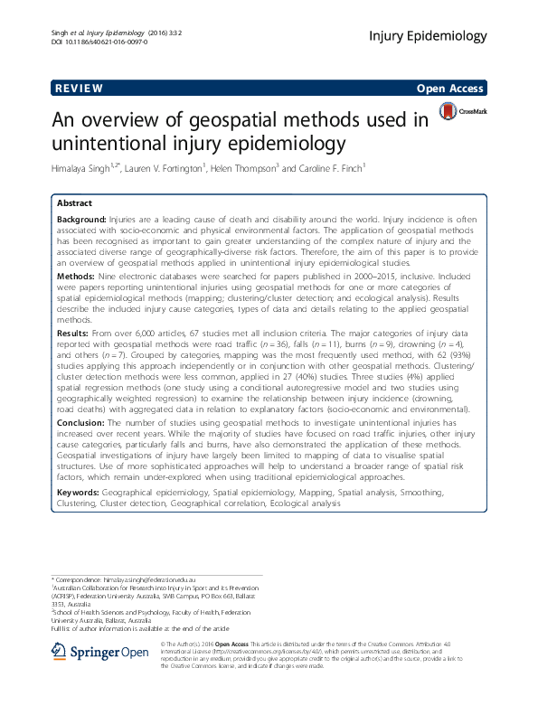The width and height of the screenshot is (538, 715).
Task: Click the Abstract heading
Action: pos(75,203)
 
